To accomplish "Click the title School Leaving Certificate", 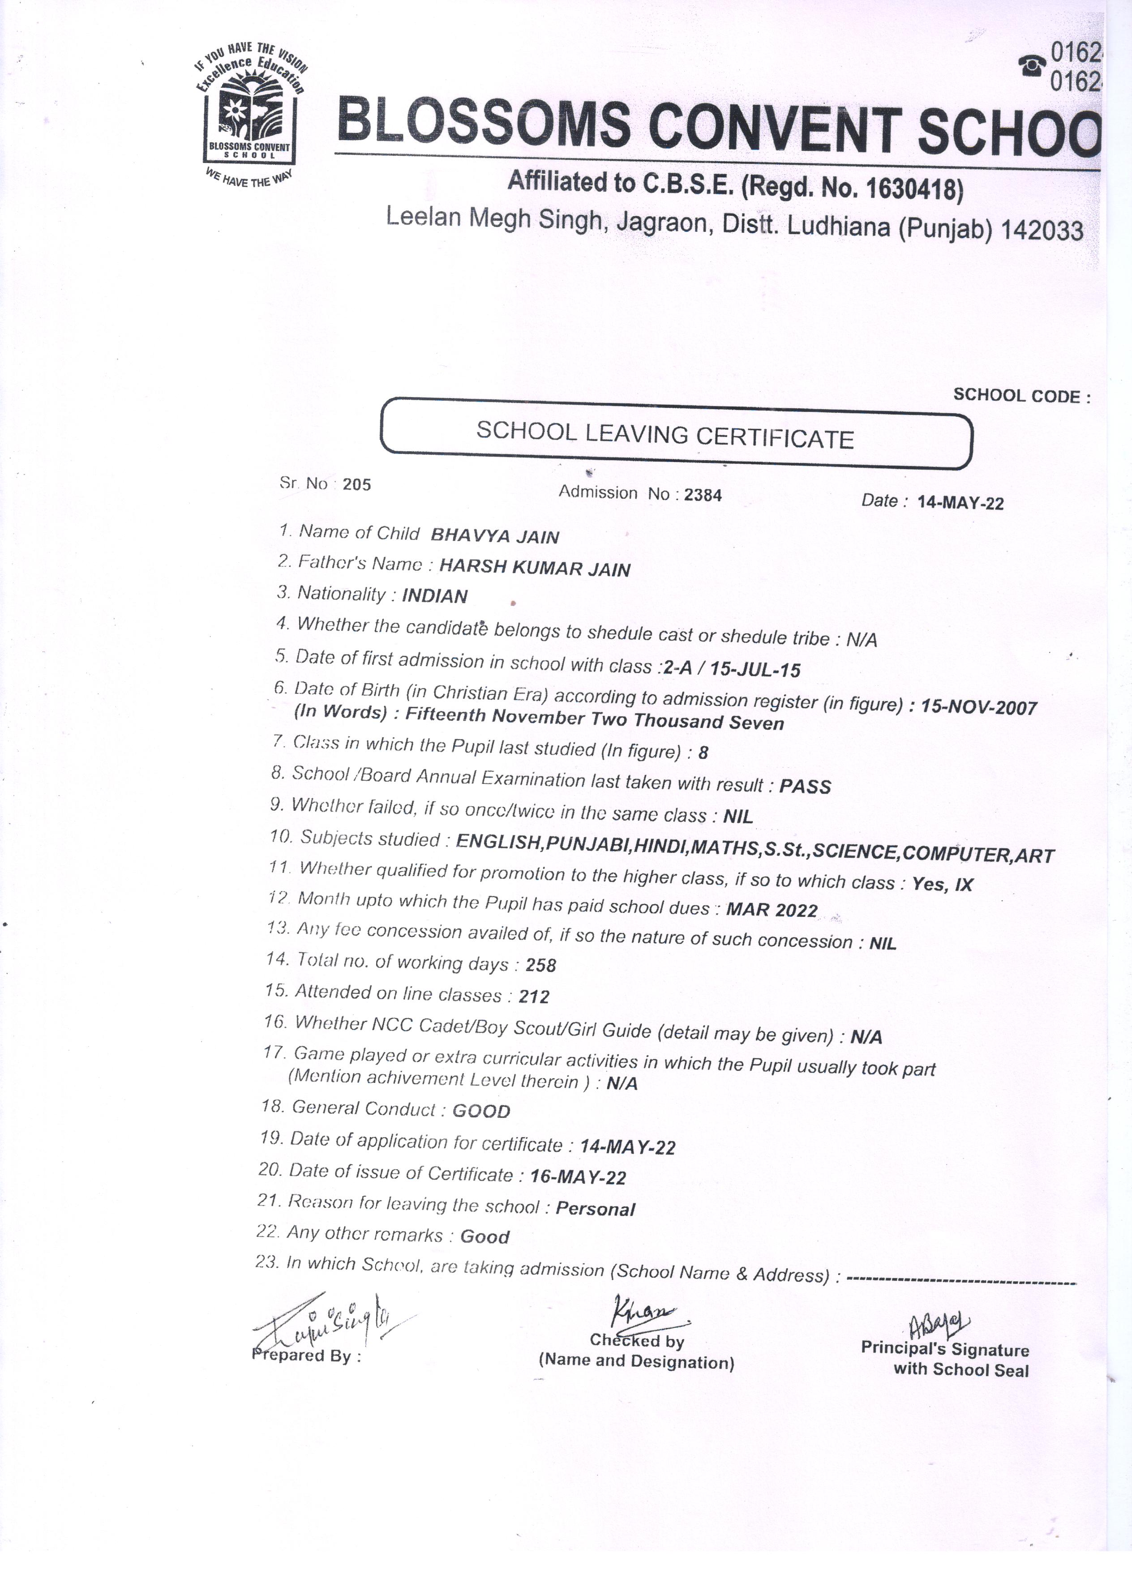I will point(665,436).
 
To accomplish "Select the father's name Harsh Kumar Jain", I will point(535,569).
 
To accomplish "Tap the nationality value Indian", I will point(435,596).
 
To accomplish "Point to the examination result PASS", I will point(805,787).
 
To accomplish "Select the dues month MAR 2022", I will point(771,910).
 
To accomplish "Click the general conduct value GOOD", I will point(481,1112).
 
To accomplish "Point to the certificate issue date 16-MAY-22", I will point(578,1177).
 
